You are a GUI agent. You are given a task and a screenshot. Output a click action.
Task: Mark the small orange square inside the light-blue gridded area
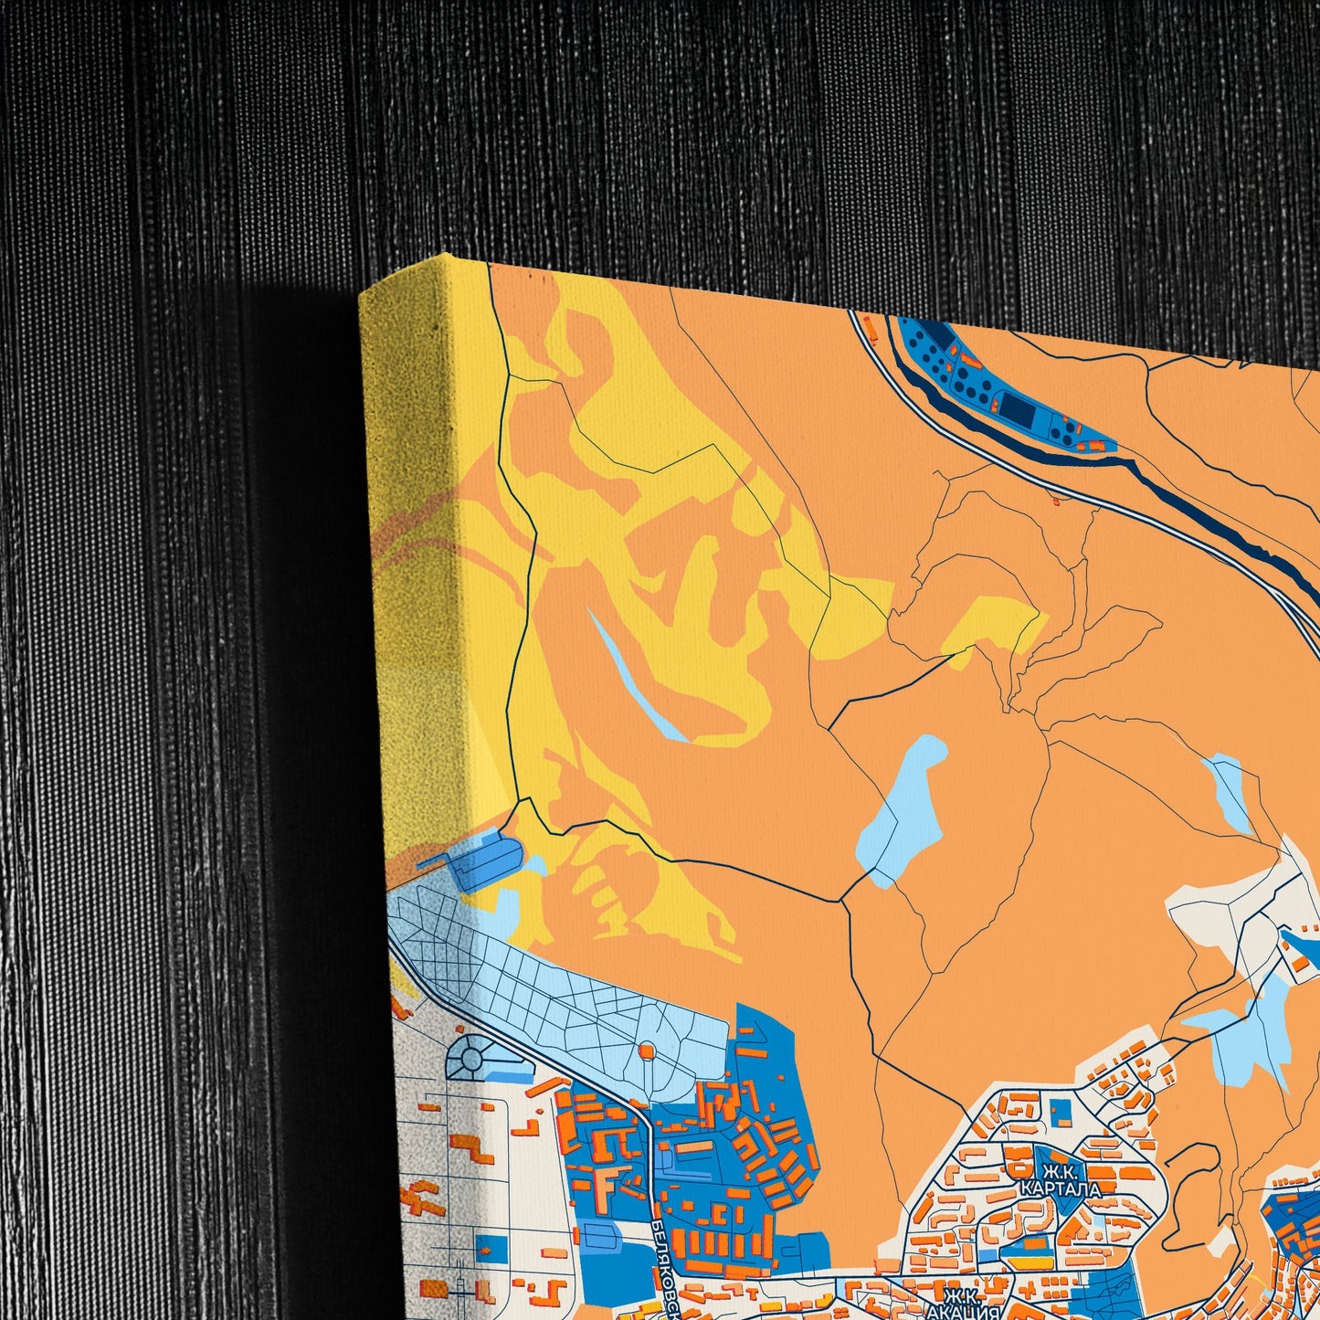pyautogui.click(x=647, y=1051)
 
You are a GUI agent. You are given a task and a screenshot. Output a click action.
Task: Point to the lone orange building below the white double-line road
pyautogui.click(x=1059, y=500)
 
